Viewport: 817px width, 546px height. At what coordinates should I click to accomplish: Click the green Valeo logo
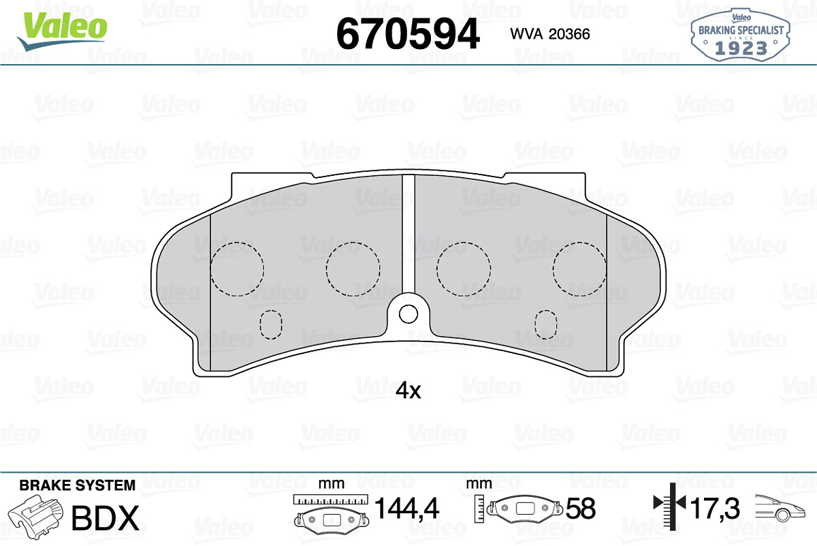click(62, 31)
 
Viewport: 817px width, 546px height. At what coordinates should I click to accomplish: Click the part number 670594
click(408, 34)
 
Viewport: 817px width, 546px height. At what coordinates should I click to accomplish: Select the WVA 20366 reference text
click(550, 34)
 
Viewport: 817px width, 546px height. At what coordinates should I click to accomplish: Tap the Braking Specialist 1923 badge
click(740, 35)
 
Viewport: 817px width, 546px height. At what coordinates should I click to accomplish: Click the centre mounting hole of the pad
click(408, 314)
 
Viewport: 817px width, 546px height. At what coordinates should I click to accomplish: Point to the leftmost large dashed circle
click(237, 269)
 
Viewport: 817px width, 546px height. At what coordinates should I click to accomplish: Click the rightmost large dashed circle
click(579, 269)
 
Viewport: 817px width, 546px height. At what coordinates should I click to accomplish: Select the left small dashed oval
click(271, 324)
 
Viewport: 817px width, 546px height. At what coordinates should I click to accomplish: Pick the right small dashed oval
click(545, 324)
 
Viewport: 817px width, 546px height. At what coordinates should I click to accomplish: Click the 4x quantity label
click(408, 391)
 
